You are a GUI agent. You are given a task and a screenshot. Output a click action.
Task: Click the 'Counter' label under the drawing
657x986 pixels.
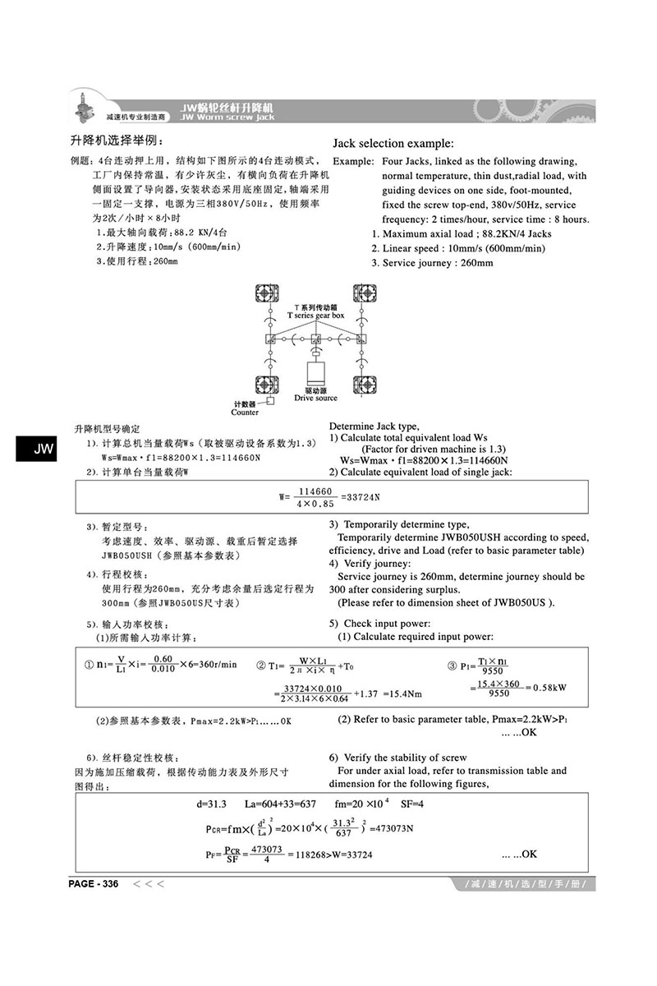coord(245,412)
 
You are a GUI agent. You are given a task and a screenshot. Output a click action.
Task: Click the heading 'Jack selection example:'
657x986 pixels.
coord(393,142)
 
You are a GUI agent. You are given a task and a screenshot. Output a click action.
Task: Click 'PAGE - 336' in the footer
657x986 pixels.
coord(94,884)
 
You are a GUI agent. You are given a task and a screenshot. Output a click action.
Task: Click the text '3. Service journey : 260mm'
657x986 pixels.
coord(432,263)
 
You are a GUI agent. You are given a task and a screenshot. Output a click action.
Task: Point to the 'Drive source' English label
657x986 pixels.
coord(315,398)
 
